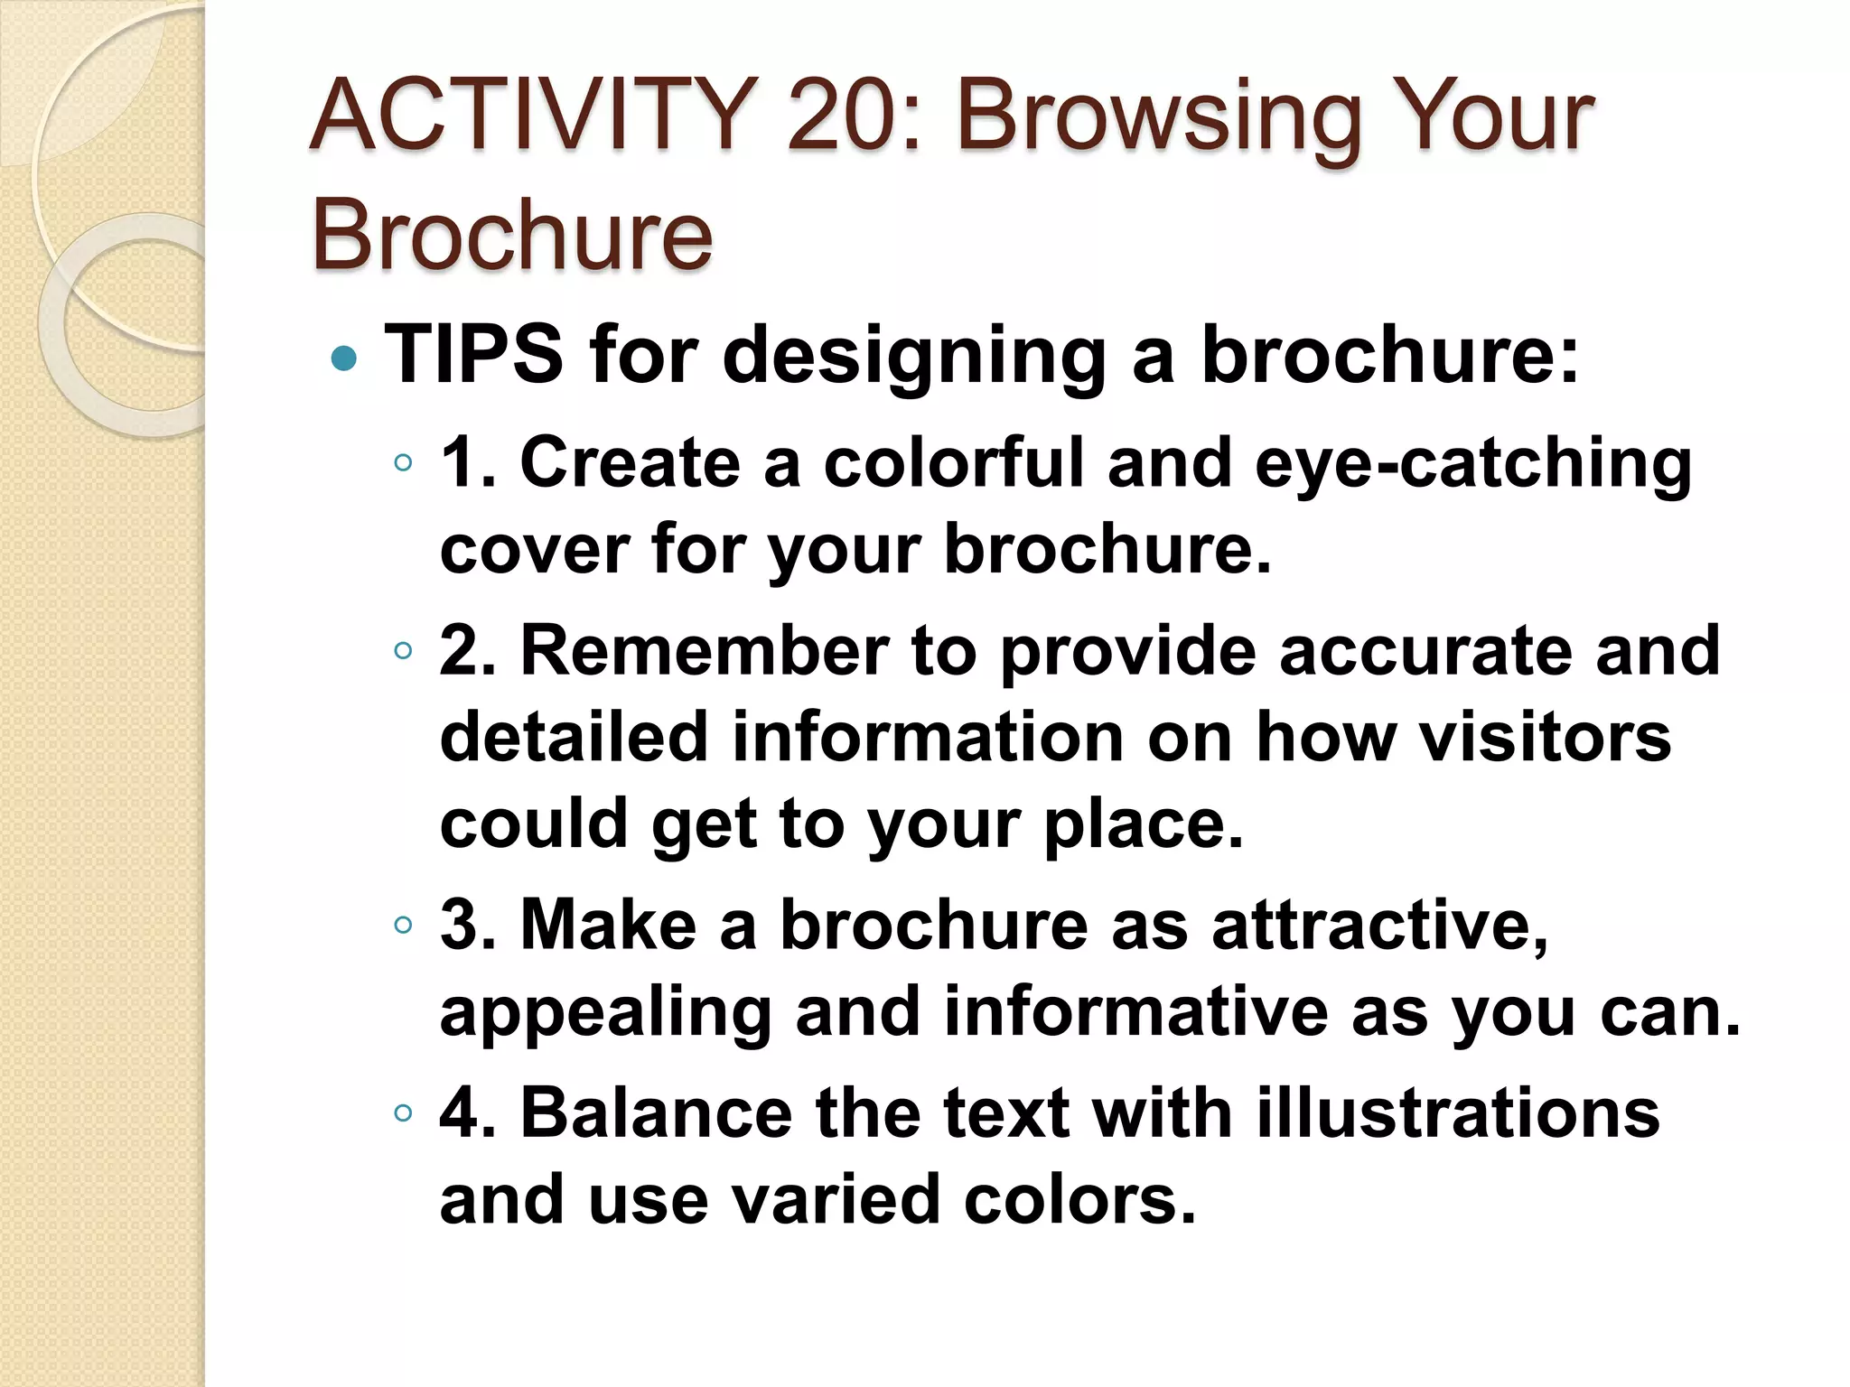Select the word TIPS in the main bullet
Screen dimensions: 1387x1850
(x=475, y=354)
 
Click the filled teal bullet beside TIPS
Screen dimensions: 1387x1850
(x=344, y=358)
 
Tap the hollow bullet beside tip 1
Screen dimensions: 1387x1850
(x=403, y=464)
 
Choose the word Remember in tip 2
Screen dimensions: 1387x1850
(x=705, y=650)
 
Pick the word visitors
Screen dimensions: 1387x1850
(x=1545, y=737)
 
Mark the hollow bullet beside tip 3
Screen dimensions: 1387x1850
(x=403, y=925)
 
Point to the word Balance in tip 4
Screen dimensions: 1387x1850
(x=657, y=1112)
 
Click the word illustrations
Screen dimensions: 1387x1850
(x=1458, y=1112)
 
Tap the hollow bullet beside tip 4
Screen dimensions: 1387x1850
(x=403, y=1112)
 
